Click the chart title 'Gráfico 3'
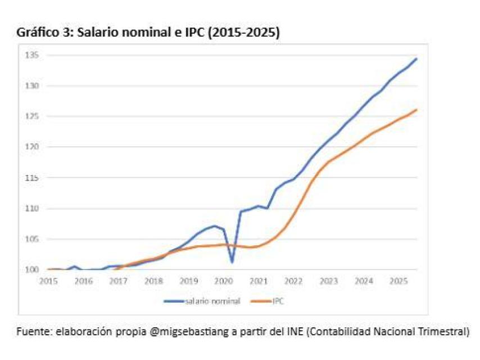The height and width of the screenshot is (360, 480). coord(42,33)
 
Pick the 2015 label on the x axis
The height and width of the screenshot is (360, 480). coord(48,280)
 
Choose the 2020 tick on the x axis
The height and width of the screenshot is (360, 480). coord(223,280)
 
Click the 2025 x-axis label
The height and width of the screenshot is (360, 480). coord(399,280)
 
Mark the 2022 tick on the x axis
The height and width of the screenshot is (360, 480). coord(293,280)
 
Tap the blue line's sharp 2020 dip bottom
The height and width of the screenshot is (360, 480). coord(232,262)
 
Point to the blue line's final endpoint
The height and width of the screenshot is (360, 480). coord(416,58)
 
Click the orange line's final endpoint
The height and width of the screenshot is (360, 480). coord(416,110)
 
